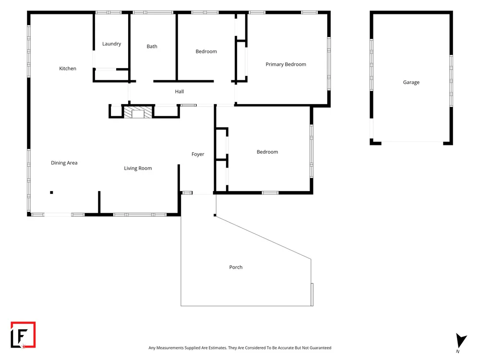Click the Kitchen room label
pos(68,69)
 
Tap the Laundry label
pos(111,44)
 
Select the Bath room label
pos(152,47)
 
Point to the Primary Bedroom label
pos(286,64)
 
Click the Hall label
pos(180,92)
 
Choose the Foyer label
pos(198,154)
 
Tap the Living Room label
pos(138,168)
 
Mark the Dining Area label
pos(64,163)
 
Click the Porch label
pos(236,267)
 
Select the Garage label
pos(411,83)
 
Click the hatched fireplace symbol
pos(138,112)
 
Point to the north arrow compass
pos(461,340)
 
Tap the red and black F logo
pos(23,335)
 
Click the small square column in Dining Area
pos(52,192)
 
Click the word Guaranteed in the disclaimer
pos(320,348)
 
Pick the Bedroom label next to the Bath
pos(206,51)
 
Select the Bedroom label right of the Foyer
pos(267,152)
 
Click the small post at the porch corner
pos(215,215)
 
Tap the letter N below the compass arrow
pos(457,351)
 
